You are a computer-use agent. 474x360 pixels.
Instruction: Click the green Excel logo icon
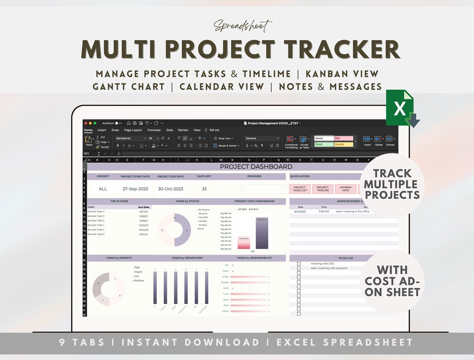(x=400, y=108)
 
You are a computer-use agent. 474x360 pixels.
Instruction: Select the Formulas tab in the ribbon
(x=154, y=130)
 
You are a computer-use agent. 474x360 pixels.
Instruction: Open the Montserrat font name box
(x=130, y=138)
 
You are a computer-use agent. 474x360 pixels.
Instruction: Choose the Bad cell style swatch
(x=344, y=138)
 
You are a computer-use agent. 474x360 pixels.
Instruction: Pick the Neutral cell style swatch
(x=344, y=144)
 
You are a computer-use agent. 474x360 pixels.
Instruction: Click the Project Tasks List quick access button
(x=300, y=189)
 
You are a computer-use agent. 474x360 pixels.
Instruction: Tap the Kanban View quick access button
(x=345, y=189)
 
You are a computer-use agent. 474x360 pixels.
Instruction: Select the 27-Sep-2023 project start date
(x=135, y=189)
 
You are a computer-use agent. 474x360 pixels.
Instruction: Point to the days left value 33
(x=204, y=189)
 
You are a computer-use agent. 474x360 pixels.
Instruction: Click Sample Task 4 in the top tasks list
(x=96, y=212)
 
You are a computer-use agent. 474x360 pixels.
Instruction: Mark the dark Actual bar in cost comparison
(x=262, y=233)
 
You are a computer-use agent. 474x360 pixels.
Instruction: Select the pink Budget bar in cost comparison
(x=244, y=243)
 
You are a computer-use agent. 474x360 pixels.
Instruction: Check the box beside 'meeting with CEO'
(x=299, y=264)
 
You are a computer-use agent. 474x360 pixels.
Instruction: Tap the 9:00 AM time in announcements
(x=323, y=212)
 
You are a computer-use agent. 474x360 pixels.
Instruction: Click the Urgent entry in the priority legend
(x=138, y=272)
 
